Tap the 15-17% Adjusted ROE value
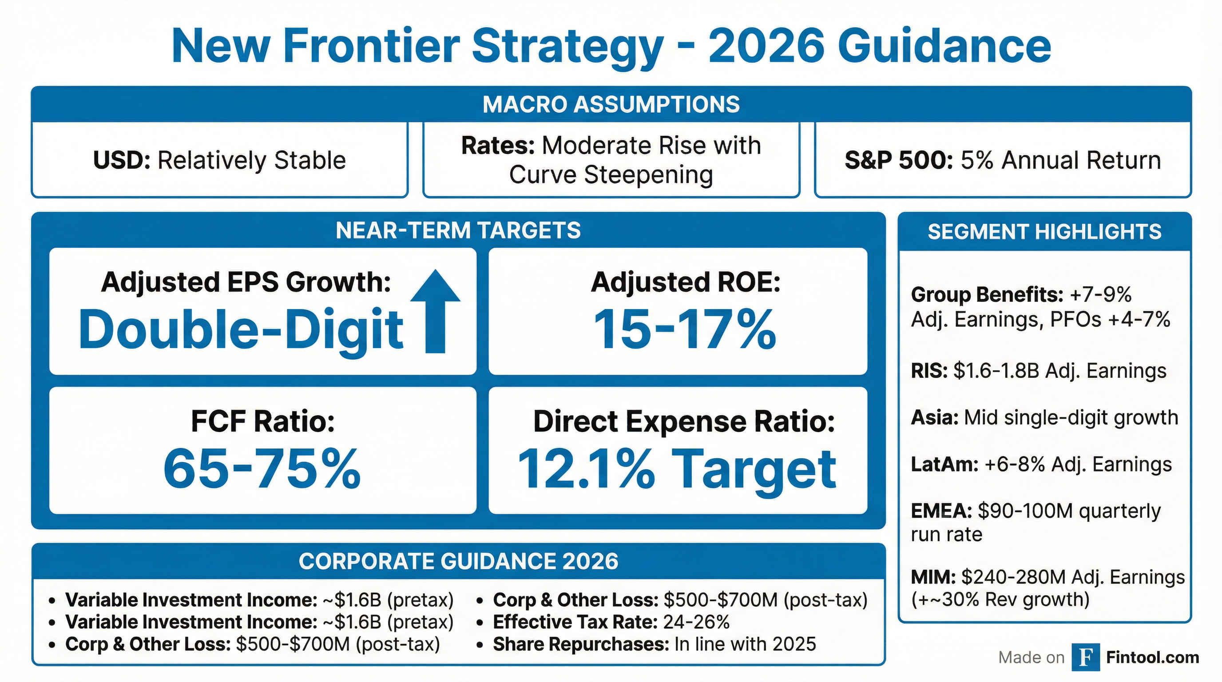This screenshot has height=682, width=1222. [x=685, y=329]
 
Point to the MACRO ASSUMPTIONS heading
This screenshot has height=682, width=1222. [x=611, y=104]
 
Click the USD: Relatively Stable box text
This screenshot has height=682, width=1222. [x=219, y=160]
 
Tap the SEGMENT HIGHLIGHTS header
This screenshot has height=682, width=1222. [x=1044, y=232]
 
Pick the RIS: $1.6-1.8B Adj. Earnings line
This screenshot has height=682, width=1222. [x=1038, y=371]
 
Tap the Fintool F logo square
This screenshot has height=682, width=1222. [x=1085, y=657]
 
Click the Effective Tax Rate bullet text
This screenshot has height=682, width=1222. [x=611, y=622]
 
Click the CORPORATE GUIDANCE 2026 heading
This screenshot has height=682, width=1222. [x=458, y=562]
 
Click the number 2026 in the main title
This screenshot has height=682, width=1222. [x=766, y=46]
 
